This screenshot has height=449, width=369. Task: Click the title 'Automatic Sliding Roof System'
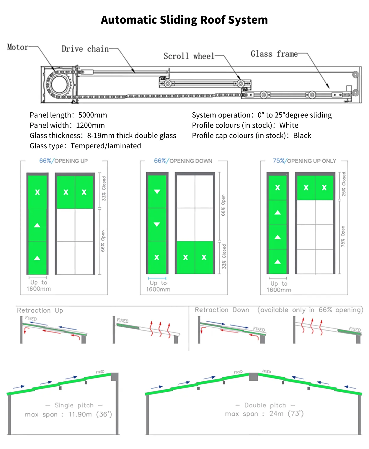[184, 20]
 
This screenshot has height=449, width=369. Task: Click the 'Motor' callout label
[17, 47]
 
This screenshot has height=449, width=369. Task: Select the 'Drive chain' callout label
[85, 49]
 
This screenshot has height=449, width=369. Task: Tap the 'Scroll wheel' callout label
[189, 56]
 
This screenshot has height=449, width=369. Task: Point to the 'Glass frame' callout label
[274, 54]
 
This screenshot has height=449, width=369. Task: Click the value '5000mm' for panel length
[93, 115]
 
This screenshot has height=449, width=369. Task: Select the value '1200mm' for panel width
[90, 125]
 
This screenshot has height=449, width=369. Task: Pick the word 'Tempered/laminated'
[106, 146]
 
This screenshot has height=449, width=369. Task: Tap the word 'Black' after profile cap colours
[302, 136]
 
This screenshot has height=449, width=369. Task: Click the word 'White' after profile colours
[289, 125]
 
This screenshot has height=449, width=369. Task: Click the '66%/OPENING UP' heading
[63, 161]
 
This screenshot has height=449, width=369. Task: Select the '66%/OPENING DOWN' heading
[183, 161]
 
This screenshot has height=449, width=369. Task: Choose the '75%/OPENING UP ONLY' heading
[304, 161]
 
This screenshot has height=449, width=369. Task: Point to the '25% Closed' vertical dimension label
[344, 184]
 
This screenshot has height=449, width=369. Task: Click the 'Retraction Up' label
[40, 310]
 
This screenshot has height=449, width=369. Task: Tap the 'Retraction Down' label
[222, 310]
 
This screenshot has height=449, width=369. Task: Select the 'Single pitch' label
[74, 405]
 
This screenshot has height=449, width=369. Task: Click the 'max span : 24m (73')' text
[264, 414]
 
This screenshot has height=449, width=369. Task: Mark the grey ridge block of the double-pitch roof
[254, 377]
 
